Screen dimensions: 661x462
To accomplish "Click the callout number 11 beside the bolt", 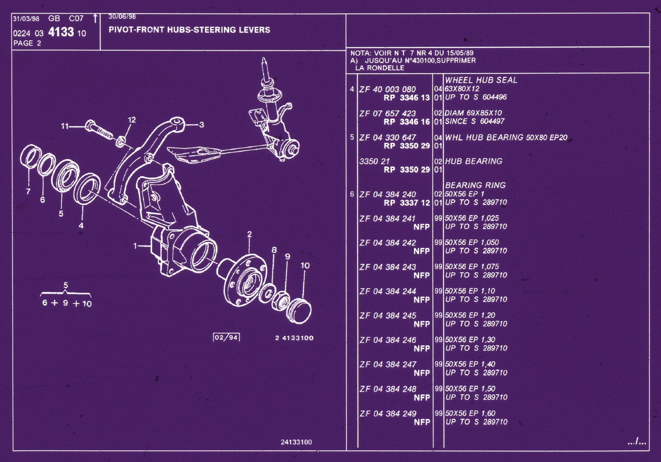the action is click(65, 126).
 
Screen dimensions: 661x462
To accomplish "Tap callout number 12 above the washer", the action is click(132, 120).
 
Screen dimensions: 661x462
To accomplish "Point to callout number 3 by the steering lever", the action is click(201, 125).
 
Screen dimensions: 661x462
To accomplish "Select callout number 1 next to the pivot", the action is click(135, 246).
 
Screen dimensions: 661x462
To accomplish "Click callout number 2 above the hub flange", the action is click(250, 234).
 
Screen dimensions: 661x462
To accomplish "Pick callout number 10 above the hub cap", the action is click(305, 265).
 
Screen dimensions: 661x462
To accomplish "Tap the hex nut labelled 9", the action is click(281, 301).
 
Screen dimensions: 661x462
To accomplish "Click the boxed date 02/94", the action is click(226, 337).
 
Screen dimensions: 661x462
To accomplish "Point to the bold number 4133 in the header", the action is click(61, 32).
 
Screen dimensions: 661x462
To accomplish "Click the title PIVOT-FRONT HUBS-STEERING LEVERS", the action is click(189, 30).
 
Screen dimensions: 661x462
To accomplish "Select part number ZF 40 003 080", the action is click(388, 89).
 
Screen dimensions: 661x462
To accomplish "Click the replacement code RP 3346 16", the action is click(407, 122).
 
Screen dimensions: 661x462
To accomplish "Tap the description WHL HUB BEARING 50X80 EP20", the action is click(506, 137).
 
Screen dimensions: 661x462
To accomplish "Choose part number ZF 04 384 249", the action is click(388, 413).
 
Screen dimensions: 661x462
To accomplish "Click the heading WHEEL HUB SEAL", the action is click(481, 80).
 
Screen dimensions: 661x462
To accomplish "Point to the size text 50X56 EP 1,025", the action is click(472, 218).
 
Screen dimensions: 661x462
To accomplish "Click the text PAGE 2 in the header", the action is click(27, 43).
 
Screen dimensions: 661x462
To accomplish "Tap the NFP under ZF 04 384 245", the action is click(422, 324).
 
